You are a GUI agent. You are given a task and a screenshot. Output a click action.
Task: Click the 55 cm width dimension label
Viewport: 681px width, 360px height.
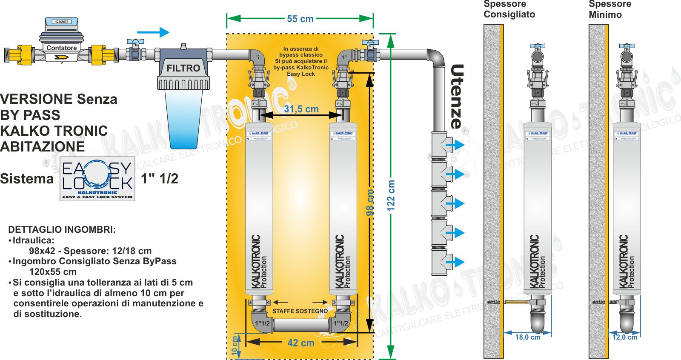click(x=300, y=19)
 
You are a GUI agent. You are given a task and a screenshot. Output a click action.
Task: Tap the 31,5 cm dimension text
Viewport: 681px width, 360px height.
click(x=301, y=109)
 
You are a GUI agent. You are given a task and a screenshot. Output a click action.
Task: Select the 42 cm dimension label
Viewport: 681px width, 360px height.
click(x=301, y=343)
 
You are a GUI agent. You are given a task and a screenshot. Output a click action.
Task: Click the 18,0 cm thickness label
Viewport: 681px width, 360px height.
click(x=528, y=337)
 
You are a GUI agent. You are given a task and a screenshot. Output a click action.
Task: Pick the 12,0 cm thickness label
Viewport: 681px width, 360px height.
click(x=625, y=337)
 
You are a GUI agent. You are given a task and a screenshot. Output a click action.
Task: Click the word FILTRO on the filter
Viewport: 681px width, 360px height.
click(x=183, y=68)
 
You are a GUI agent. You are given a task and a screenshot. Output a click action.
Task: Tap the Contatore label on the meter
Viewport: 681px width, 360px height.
click(x=62, y=48)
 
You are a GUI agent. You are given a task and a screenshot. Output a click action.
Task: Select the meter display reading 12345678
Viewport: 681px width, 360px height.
click(x=62, y=22)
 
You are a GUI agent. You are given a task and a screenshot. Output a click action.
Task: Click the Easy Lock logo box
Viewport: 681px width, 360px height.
click(x=97, y=179)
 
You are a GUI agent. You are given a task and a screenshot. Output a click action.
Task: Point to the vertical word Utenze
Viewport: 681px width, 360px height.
click(x=457, y=97)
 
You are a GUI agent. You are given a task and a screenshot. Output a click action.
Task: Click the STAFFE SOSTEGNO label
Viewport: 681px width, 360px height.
click(x=300, y=311)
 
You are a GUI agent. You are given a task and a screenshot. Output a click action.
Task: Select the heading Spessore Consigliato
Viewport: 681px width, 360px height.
click(x=509, y=9)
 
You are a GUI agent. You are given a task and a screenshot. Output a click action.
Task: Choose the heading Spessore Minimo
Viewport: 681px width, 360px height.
click(x=609, y=9)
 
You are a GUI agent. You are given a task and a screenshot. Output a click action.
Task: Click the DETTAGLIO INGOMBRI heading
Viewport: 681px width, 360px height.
click(x=62, y=230)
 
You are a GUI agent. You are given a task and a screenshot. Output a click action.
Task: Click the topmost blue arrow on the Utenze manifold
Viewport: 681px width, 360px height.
click(x=455, y=145)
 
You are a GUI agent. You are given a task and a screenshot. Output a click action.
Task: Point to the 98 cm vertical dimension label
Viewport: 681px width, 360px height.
click(x=370, y=203)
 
